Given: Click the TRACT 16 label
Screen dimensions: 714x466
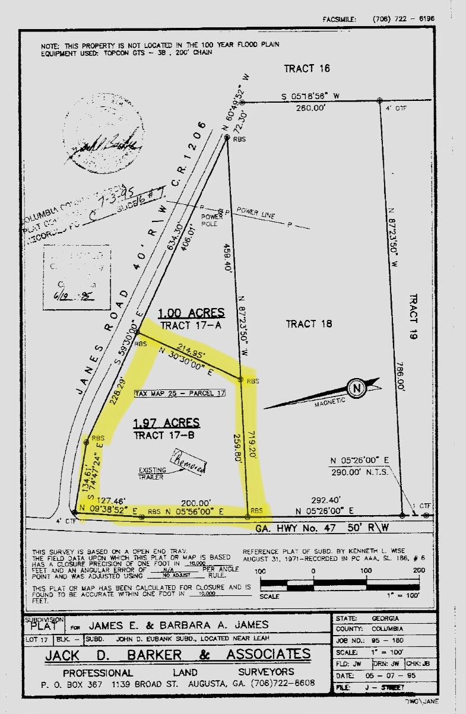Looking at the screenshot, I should [306, 68].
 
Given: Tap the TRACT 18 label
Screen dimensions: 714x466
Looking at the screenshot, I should [309, 323].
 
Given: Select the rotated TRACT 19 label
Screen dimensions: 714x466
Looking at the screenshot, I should [414, 317].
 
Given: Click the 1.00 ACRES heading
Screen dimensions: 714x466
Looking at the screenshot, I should [191, 313].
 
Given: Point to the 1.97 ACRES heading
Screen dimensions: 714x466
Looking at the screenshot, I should [166, 423].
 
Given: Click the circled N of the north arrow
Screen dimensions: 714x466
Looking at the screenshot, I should [357, 389].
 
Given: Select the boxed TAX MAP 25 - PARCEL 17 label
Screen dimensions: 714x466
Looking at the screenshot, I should [180, 394].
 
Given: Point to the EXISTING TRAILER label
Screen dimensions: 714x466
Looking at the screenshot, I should [153, 473].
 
